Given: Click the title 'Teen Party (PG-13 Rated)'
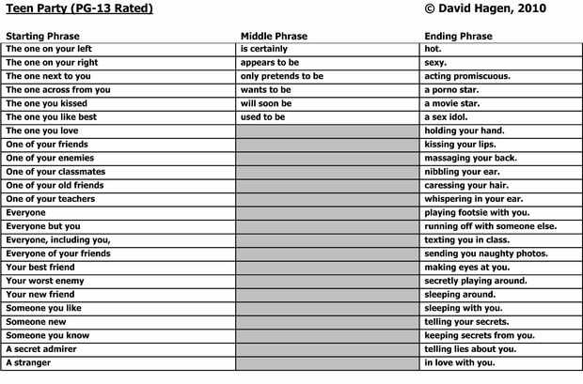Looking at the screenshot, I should [x=79, y=9].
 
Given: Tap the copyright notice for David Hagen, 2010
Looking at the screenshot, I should [x=485, y=9].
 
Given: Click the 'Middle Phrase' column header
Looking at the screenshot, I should [x=274, y=37].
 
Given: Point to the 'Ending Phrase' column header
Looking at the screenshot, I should [x=458, y=37].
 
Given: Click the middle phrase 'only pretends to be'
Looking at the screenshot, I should [x=282, y=76].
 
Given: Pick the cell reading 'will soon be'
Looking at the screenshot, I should [x=266, y=103].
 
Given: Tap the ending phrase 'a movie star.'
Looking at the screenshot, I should [x=454, y=103].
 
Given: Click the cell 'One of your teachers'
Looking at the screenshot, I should [x=50, y=199].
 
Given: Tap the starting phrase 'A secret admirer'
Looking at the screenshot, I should [x=41, y=349].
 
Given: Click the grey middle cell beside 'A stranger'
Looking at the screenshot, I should [x=327, y=362].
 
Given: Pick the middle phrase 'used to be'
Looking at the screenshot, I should [x=264, y=117].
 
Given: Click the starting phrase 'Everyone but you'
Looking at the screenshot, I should [x=43, y=226].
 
